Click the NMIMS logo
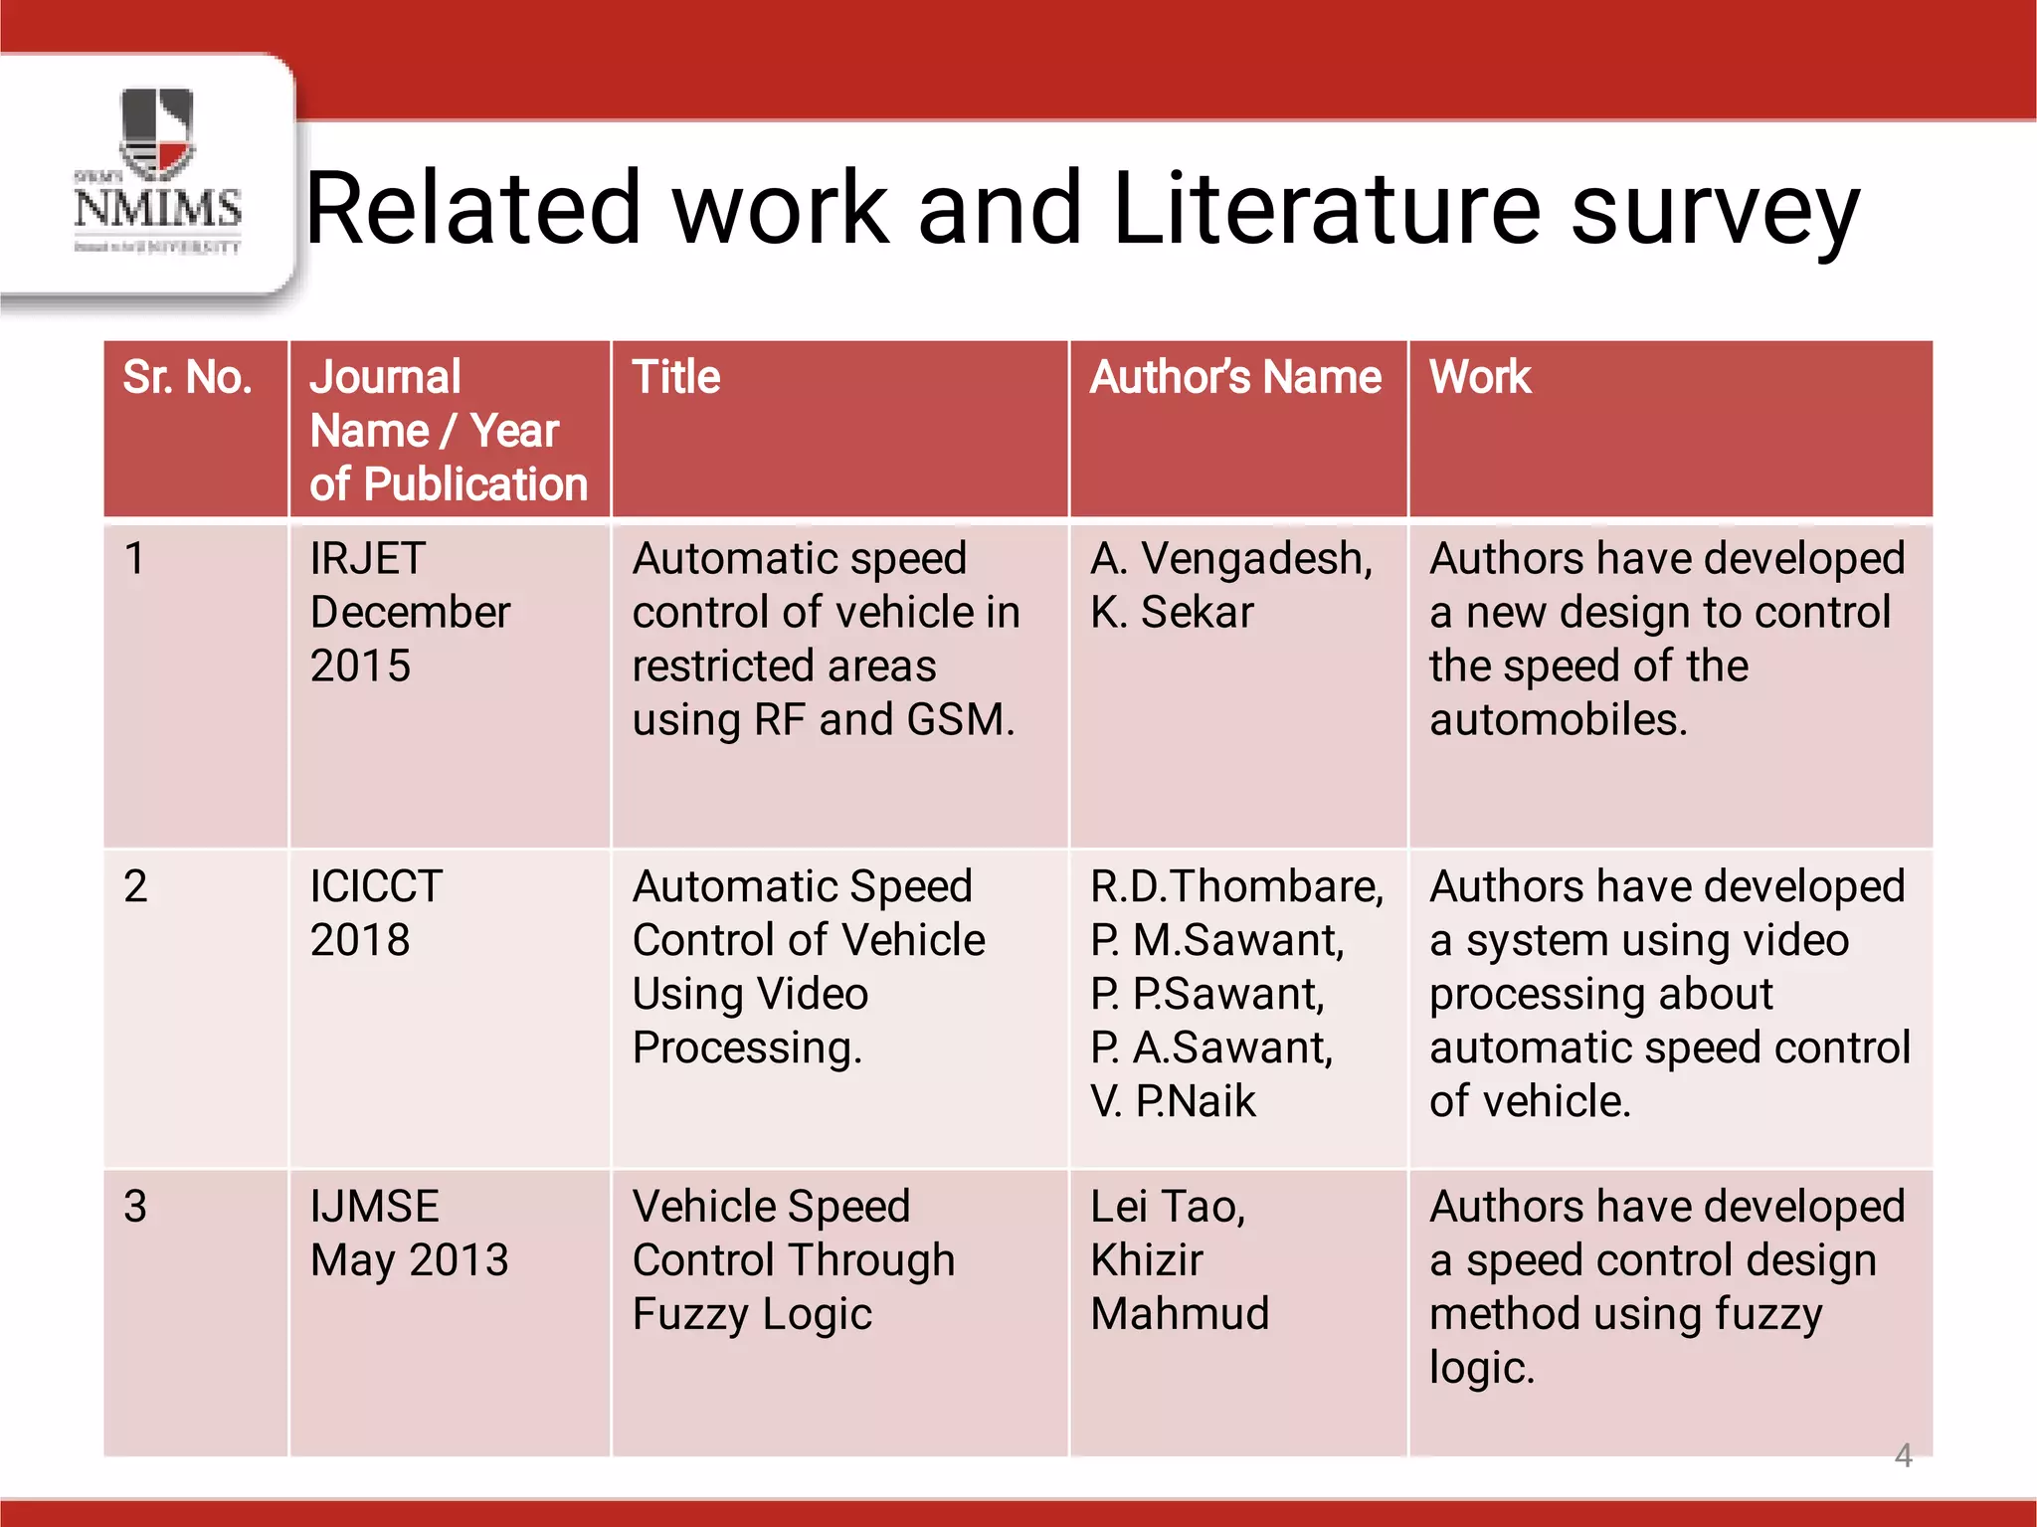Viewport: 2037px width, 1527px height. tap(157, 171)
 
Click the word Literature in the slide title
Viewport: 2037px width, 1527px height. tap(1327, 209)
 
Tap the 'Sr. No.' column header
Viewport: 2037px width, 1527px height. tap(187, 378)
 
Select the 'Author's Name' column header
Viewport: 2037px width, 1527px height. tap(1235, 378)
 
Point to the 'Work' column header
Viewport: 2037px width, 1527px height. tap(1479, 378)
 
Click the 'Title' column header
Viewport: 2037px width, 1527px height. tap(675, 378)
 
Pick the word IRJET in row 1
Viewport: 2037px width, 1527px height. tap(367, 559)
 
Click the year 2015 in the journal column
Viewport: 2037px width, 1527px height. tap(360, 667)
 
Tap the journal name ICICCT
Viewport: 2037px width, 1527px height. tap(376, 886)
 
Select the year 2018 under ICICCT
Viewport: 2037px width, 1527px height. tap(360, 940)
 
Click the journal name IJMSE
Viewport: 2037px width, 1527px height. tap(374, 1207)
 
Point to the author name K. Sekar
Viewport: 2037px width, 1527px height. tap(1172, 613)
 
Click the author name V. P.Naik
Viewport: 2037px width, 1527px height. tap(1173, 1102)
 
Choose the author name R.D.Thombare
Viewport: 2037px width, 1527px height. tap(1236, 886)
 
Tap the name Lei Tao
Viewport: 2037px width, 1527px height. tap(1167, 1207)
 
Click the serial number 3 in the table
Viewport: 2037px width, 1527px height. tap(135, 1207)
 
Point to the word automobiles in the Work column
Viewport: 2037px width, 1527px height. tap(1558, 720)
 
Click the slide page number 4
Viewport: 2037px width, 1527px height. tap(1903, 1455)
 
